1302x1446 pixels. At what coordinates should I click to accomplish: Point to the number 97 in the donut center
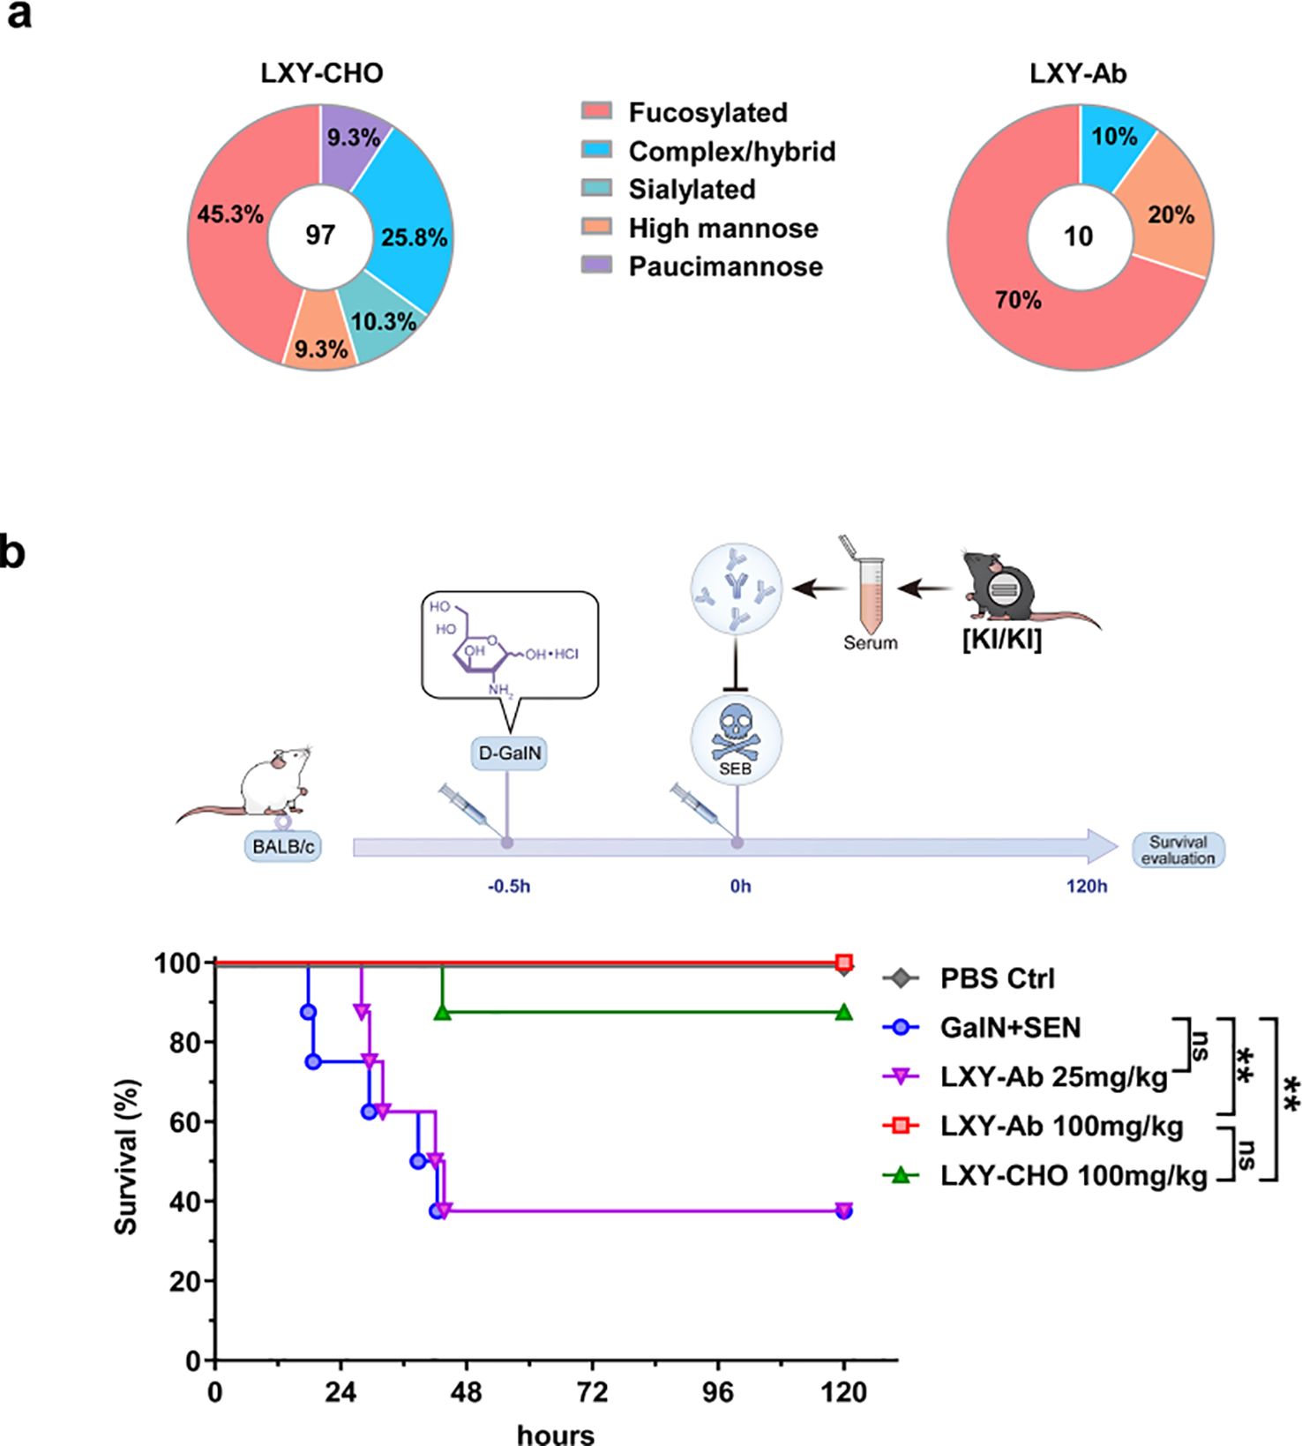pos(320,235)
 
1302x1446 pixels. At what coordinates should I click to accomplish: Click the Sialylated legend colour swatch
pos(596,189)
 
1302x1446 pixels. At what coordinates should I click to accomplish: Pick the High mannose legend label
pos(722,229)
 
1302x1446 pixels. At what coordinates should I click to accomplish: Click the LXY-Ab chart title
pos(1078,73)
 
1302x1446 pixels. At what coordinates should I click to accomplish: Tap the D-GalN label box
pos(508,754)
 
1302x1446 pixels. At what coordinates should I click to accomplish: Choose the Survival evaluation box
pos(1178,850)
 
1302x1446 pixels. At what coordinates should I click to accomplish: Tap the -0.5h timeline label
pos(509,886)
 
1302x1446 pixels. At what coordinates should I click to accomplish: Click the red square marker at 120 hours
pos(844,962)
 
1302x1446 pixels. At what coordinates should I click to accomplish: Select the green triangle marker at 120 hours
pos(844,1012)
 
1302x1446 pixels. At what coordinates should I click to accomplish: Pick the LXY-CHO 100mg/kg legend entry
pos(1073,1175)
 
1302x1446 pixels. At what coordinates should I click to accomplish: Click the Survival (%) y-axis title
pos(128,1157)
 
